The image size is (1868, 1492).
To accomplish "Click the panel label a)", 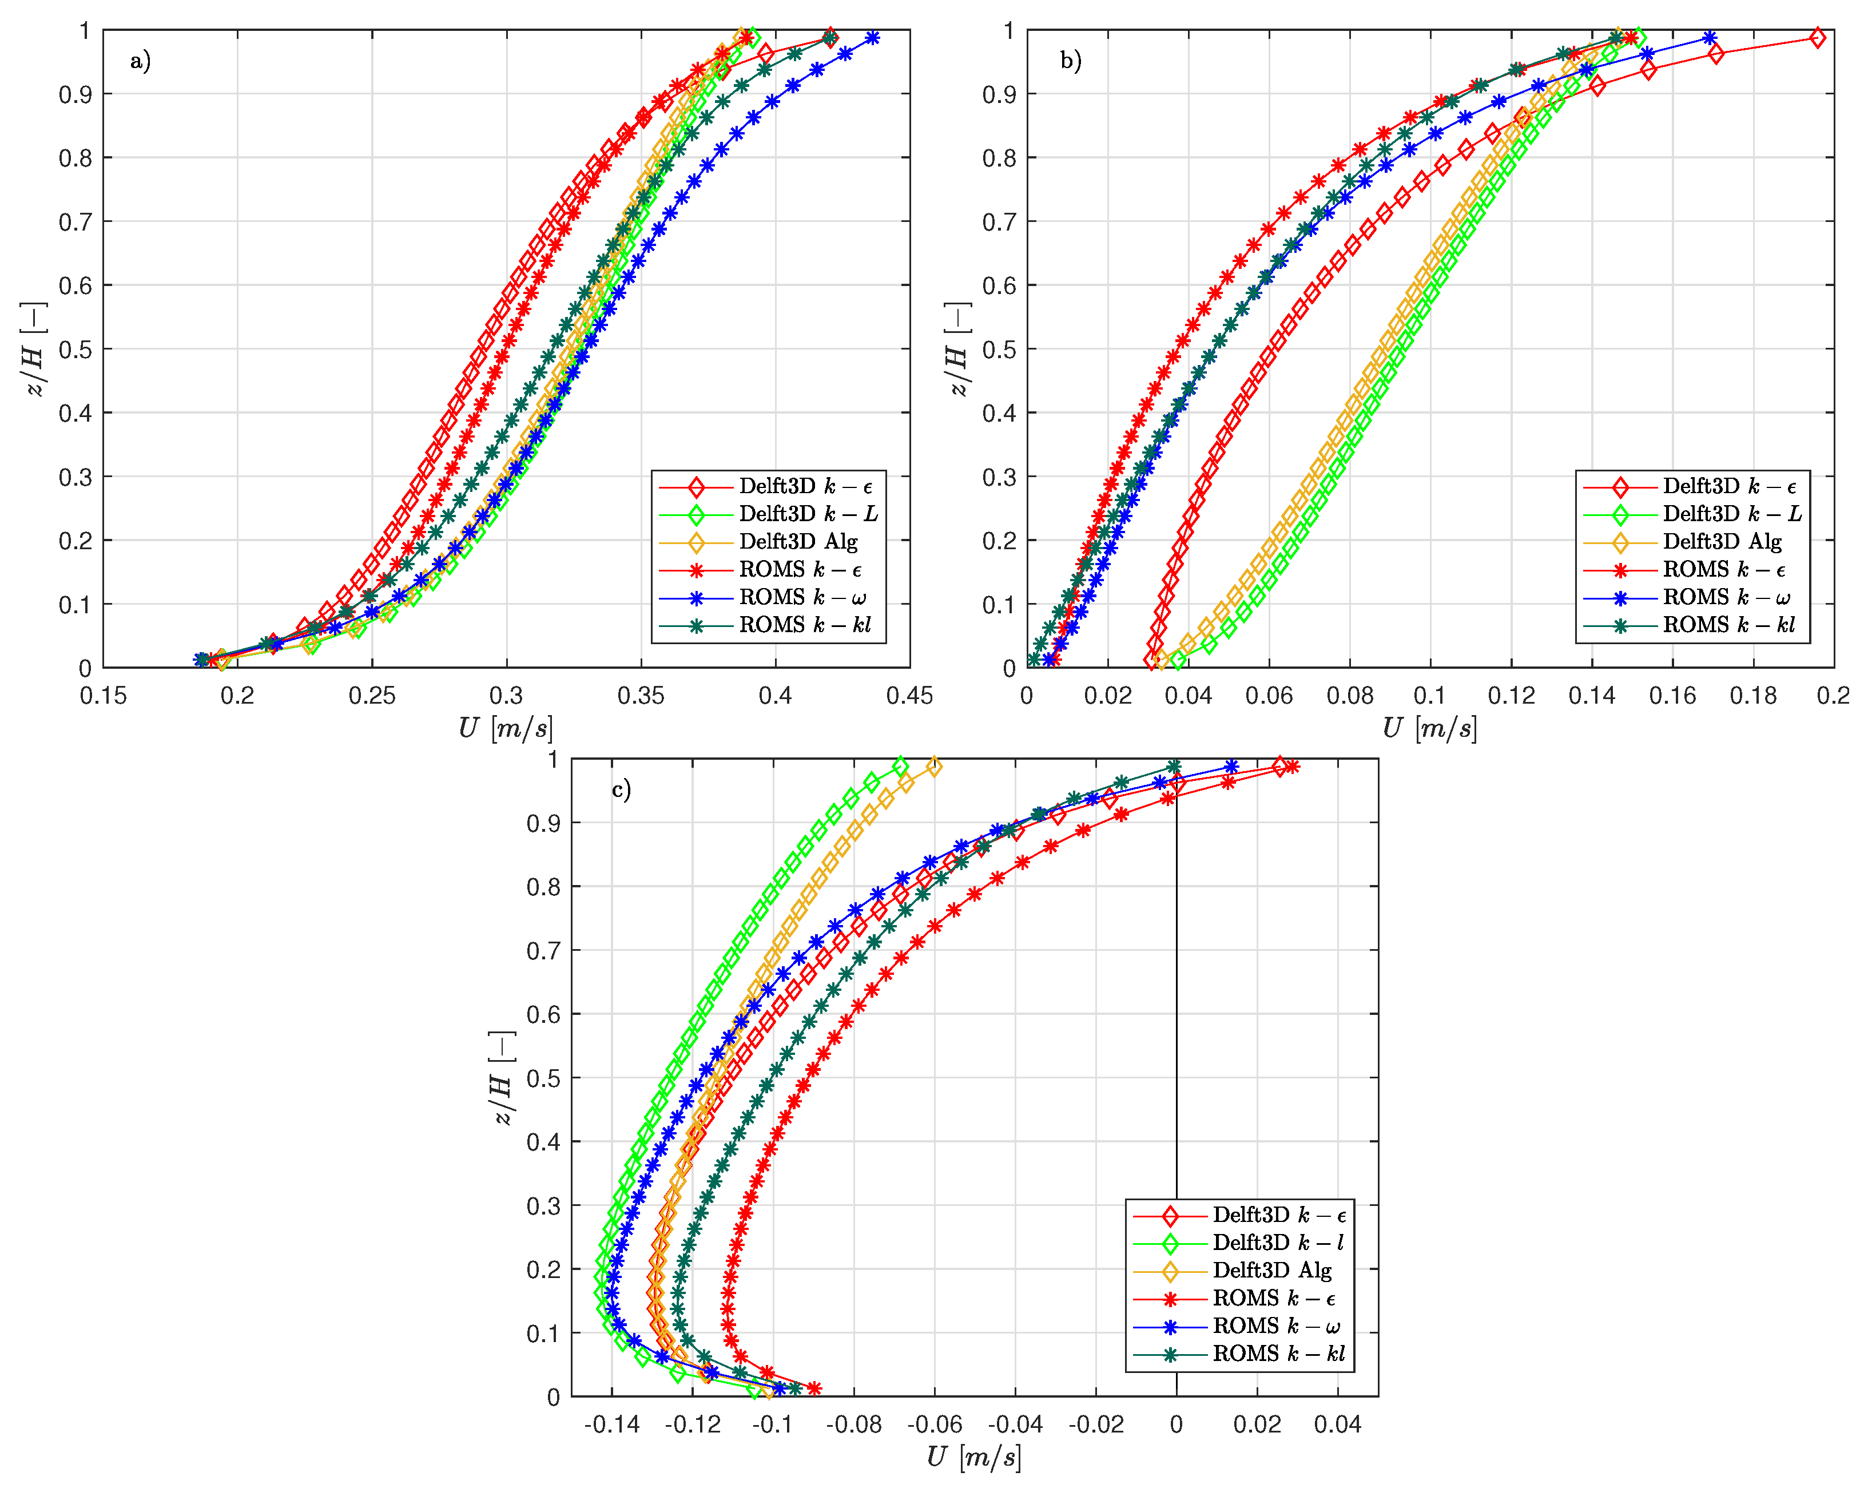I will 140,61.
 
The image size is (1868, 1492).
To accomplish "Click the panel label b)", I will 1071,61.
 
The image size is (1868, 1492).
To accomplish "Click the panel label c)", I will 621,789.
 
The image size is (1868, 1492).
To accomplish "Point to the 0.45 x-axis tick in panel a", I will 910,695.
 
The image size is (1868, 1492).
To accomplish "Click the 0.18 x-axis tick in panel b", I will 1753,695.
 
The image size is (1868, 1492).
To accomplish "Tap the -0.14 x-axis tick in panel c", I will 611,1424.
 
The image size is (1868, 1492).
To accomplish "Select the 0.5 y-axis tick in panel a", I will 75,349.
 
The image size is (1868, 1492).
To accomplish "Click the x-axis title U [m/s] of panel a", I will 506,728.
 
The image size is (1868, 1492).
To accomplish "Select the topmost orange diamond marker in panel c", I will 934,767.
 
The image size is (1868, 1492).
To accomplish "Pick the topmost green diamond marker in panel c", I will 900,767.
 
